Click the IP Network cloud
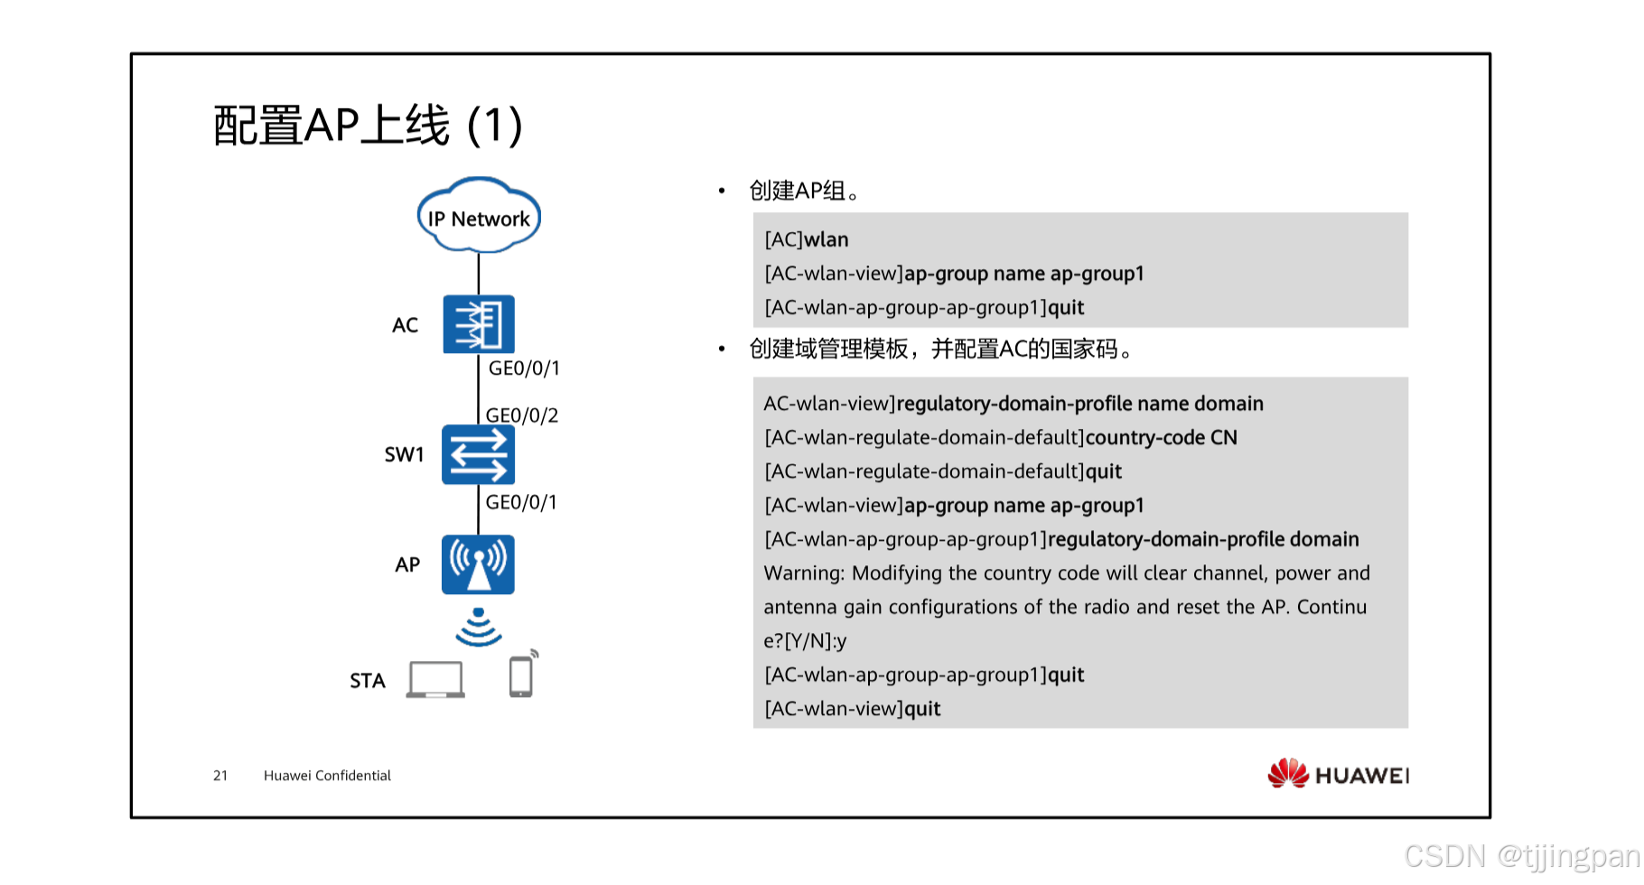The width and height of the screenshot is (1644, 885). point(479,217)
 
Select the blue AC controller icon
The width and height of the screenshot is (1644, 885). point(479,324)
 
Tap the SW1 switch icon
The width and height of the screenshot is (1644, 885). point(478,455)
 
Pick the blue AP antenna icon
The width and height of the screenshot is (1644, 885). point(478,564)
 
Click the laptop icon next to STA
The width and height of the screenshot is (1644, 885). point(435,679)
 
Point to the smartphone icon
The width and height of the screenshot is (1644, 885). point(521,675)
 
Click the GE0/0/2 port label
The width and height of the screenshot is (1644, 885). point(522,415)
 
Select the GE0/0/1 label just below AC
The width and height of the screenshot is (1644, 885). point(524,368)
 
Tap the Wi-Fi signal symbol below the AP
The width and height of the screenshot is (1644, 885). point(478,627)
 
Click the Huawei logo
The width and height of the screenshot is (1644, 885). point(1338,774)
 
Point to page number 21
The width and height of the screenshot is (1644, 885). point(220,776)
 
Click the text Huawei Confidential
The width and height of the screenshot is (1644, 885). point(327,776)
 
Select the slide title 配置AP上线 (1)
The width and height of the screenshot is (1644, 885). point(368,126)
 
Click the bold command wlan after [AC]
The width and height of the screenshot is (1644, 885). point(827,240)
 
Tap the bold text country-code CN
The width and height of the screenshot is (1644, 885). point(1161,438)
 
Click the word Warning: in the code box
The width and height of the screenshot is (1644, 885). point(803,573)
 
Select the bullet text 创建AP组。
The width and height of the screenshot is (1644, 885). point(804,191)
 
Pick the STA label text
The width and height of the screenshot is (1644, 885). point(368,681)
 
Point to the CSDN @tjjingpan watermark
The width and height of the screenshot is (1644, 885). point(1521,855)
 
